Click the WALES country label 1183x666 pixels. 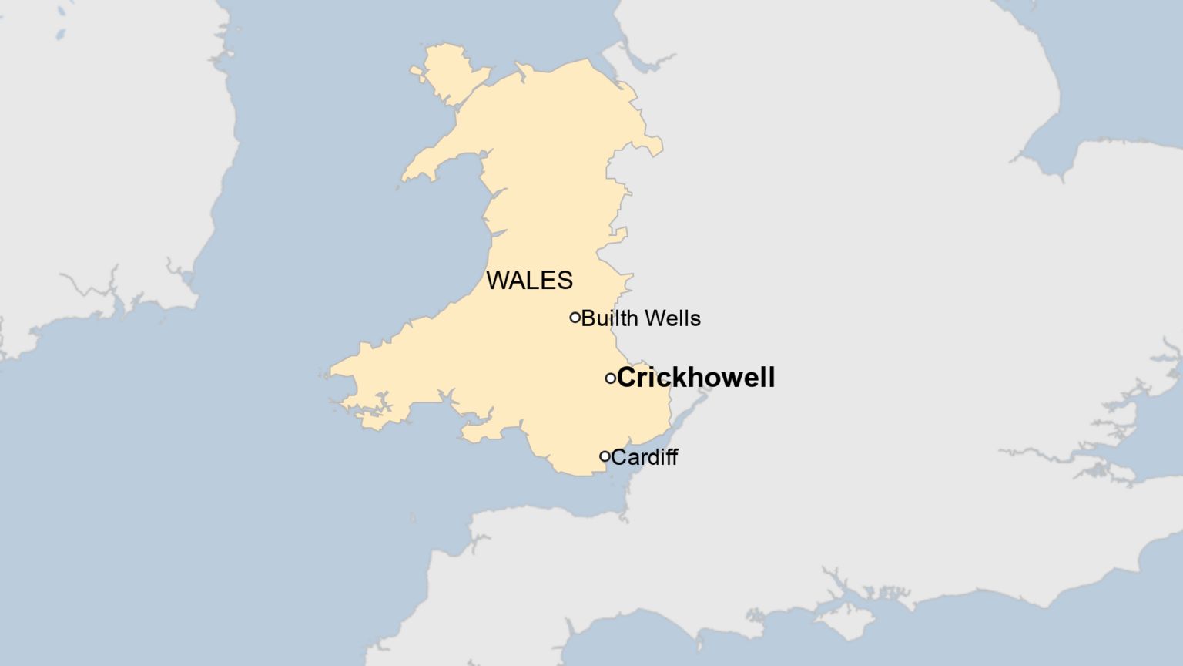(529, 281)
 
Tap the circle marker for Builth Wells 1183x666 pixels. (575, 317)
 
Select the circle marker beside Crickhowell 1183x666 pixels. (610, 378)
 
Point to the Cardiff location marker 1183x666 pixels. (605, 456)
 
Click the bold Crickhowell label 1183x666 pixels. (695, 378)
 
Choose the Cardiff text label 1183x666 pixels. (645, 457)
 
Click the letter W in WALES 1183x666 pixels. (498, 281)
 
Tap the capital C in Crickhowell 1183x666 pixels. (627, 378)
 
